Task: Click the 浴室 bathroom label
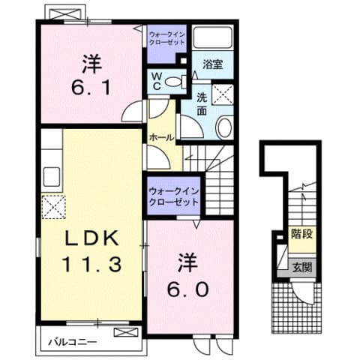click(213, 66)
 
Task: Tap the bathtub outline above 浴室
click(213, 39)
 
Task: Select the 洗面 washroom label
click(202, 103)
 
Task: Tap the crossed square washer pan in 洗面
click(223, 94)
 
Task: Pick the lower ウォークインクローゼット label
click(173, 197)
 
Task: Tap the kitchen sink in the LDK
click(52, 178)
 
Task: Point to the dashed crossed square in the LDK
click(54, 205)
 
